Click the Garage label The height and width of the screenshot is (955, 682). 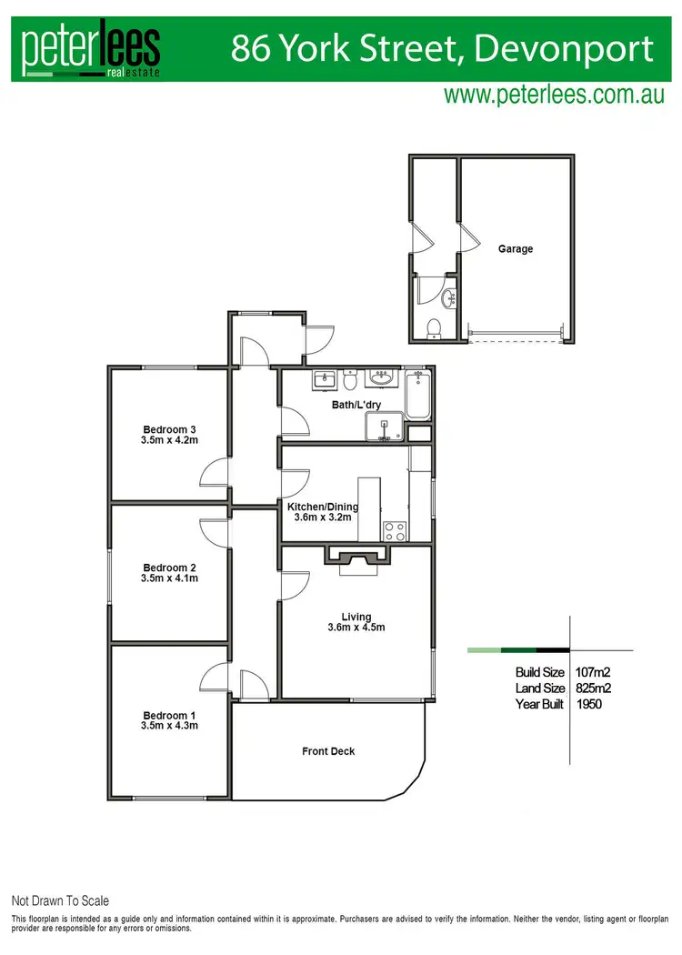pos(515,248)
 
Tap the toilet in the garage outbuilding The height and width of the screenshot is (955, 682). pos(435,327)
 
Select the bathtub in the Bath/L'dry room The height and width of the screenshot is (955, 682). pos(418,395)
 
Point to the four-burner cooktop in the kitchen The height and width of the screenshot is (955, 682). pos(394,530)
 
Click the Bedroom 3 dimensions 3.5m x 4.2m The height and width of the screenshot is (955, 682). pos(170,441)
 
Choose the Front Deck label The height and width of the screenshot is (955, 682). pos(328,751)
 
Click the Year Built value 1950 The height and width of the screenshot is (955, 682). pos(588,704)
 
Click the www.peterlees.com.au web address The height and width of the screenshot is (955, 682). pos(554,95)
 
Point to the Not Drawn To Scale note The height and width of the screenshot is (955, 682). pos(60,900)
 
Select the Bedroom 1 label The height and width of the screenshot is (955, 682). pos(170,714)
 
